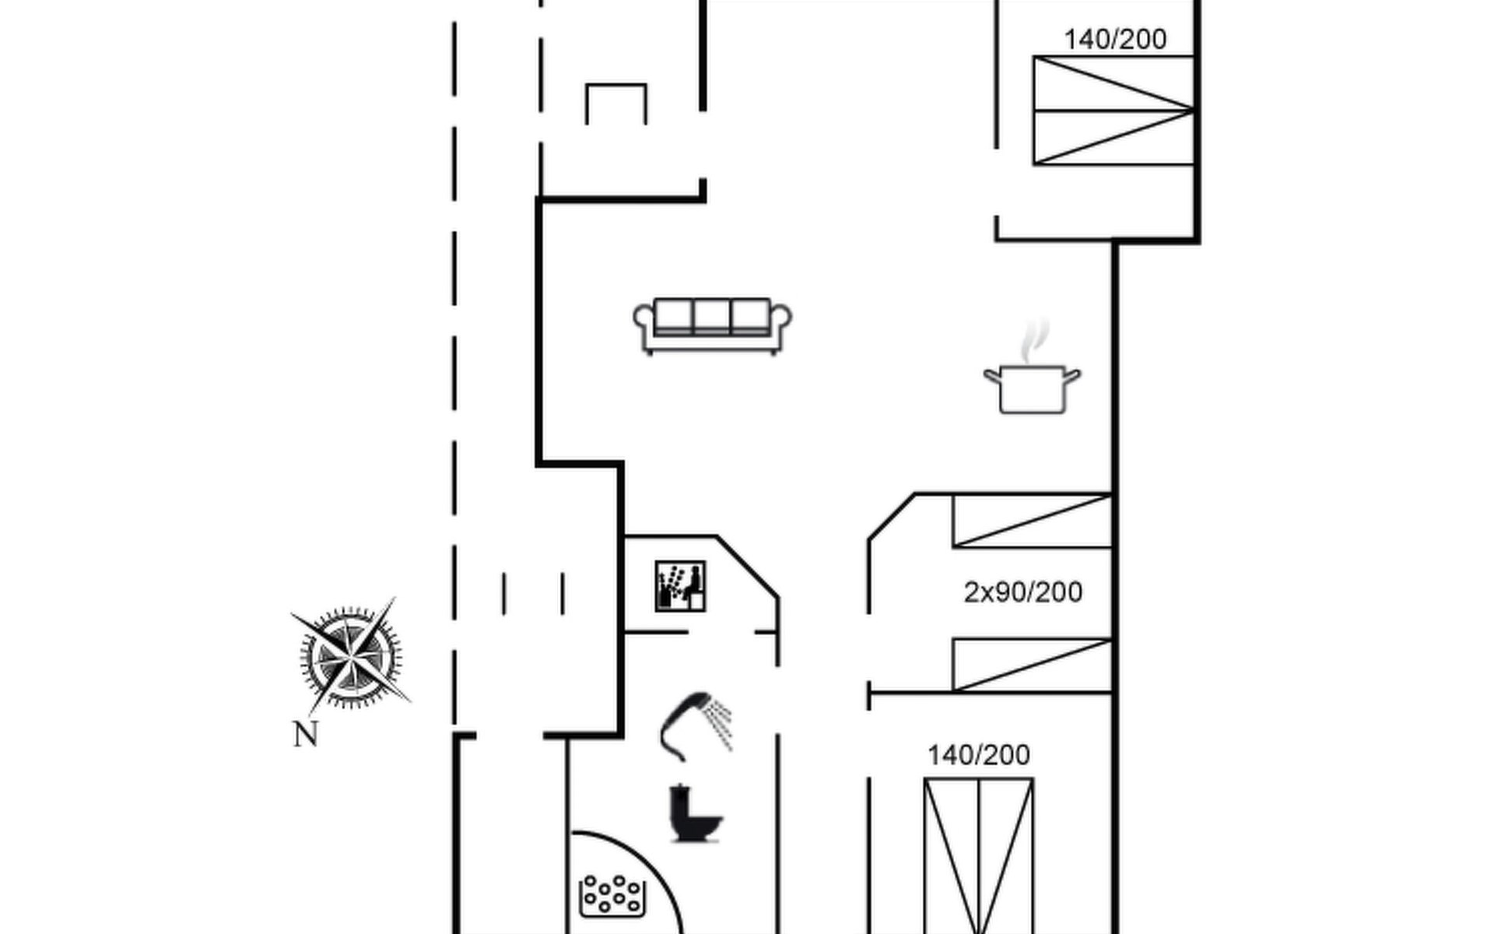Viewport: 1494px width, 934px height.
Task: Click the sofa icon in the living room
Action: click(x=713, y=326)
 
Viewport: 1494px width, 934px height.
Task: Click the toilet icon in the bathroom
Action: click(x=695, y=813)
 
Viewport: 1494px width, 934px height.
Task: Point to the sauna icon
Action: click(x=680, y=586)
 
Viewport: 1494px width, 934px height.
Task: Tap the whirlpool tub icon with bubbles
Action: click(x=613, y=896)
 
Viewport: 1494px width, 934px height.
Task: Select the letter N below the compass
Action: click(x=306, y=735)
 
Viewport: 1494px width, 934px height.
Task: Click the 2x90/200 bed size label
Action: click(x=1022, y=593)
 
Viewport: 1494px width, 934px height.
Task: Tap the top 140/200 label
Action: click(x=1115, y=40)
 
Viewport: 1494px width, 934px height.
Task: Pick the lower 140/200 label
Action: click(x=979, y=755)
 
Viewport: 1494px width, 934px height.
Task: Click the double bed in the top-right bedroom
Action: click(x=1113, y=111)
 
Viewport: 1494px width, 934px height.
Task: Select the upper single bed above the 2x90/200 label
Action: click(x=1032, y=521)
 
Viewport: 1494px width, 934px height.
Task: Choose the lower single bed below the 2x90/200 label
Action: click(x=1032, y=665)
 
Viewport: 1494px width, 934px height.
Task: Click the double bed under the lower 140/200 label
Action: click(x=979, y=855)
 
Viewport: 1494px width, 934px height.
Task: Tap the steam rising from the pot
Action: click(x=1036, y=340)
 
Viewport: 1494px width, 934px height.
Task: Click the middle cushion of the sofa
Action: click(x=712, y=317)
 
